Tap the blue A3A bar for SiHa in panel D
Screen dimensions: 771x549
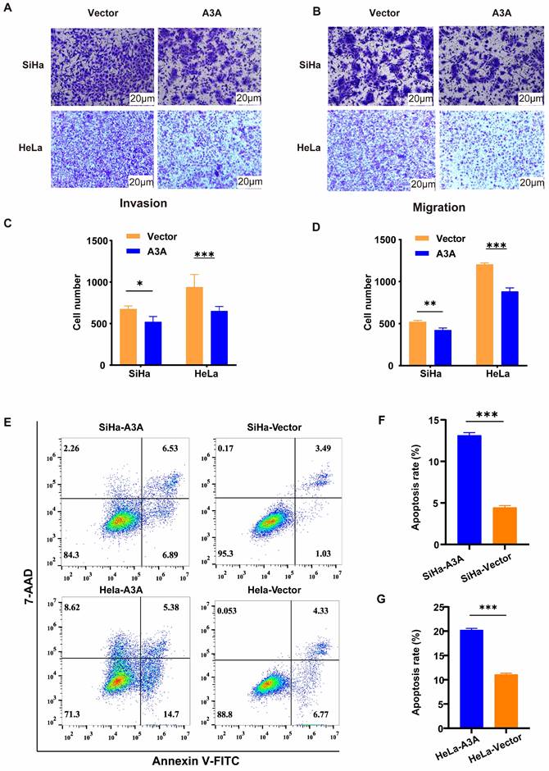(x=443, y=346)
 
